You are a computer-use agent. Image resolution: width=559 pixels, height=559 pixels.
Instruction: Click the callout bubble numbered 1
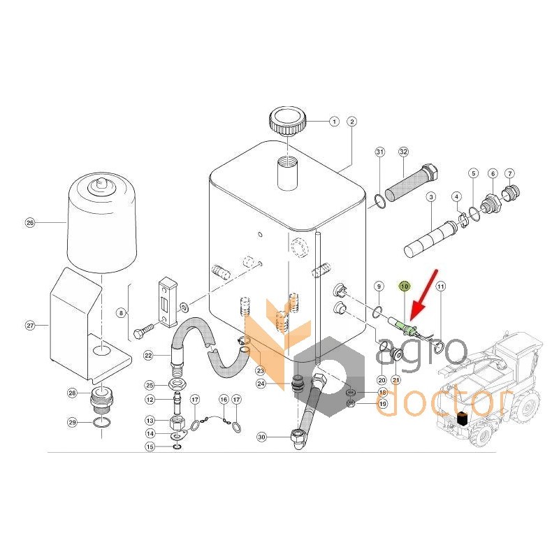(x=334, y=122)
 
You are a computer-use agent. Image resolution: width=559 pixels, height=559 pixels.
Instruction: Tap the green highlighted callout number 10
(x=405, y=286)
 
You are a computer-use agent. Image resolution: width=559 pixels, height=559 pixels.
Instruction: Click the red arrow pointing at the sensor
(x=423, y=293)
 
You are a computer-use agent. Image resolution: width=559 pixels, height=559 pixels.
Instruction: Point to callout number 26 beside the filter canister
(x=30, y=223)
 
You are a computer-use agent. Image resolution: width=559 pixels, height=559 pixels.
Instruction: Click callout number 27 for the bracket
(x=30, y=326)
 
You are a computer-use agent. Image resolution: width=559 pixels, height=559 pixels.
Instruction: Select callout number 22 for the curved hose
(x=148, y=356)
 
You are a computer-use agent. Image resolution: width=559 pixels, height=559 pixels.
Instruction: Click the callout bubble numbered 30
(x=262, y=437)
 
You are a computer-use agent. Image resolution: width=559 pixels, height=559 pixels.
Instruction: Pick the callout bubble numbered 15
(x=150, y=447)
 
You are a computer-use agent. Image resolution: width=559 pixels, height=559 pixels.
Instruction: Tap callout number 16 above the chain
(x=224, y=399)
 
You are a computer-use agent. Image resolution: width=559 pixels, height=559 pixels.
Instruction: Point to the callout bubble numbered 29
(x=73, y=423)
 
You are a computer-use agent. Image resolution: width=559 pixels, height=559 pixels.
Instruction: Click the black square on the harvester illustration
(x=463, y=419)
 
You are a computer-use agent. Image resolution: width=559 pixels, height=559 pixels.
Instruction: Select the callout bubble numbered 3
(x=431, y=197)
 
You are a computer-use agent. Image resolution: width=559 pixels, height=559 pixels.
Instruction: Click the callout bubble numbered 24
(x=261, y=384)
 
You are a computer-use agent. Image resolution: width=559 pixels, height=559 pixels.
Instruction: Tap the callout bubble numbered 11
(x=441, y=286)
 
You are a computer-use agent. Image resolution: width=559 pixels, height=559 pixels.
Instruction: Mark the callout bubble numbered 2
(x=352, y=122)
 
